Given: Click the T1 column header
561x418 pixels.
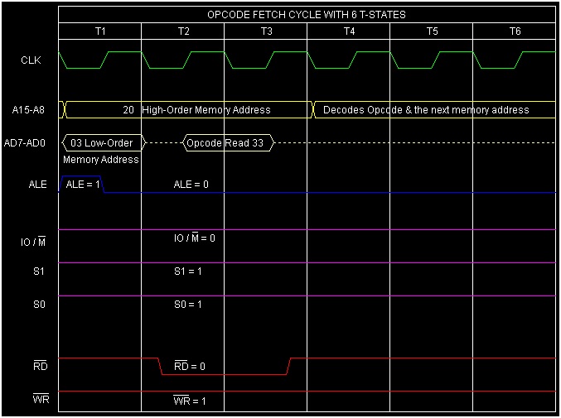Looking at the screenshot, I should coord(100,31).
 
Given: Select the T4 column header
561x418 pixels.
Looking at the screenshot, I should coord(349,31).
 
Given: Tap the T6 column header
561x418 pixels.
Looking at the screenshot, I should coord(515,31).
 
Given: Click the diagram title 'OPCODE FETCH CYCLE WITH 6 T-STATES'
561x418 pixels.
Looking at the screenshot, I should coord(307,15).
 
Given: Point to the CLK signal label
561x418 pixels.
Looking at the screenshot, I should coord(31,60).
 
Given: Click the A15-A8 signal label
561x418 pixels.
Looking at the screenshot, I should coord(30,109).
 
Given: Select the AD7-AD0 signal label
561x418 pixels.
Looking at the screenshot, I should coord(30,142).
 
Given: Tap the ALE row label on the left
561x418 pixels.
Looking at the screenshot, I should coord(38,185).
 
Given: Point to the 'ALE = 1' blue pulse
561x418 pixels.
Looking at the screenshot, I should coord(82,185).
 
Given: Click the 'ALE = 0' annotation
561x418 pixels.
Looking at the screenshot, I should coord(191,185).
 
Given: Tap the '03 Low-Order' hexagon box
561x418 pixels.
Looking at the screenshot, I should coord(103,142).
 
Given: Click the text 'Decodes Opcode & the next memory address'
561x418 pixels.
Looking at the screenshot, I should coord(426,109).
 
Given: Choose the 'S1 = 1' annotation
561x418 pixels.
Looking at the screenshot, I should coord(188,271).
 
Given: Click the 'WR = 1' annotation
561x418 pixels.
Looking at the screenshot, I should coord(190,401).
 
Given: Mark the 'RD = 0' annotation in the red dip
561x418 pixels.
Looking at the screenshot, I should coord(190,366).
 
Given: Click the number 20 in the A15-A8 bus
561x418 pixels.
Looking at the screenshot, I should coord(128,109).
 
